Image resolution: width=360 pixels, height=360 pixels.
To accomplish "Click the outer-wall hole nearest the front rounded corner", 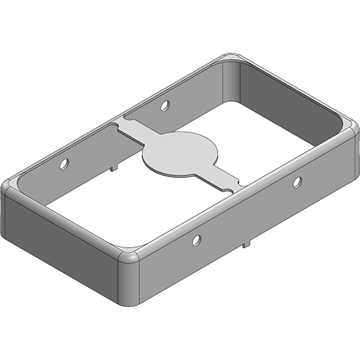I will [195, 240].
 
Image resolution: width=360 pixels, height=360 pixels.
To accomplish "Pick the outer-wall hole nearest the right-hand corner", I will [297, 181].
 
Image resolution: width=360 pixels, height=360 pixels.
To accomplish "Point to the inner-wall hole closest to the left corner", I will [64, 162].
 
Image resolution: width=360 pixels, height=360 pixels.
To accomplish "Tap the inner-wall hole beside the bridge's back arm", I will [164, 104].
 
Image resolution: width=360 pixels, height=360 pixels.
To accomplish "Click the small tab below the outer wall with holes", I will [247, 244].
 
